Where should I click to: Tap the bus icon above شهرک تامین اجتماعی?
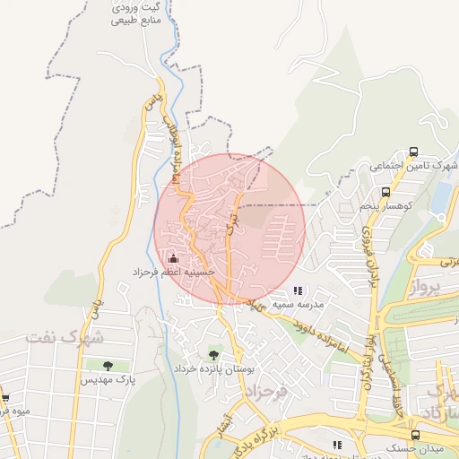coord(413,152)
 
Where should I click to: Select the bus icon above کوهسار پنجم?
coord(385,192)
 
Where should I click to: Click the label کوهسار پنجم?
coord(385,206)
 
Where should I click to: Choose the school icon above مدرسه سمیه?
coord(298,290)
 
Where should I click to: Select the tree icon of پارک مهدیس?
coord(108,366)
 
